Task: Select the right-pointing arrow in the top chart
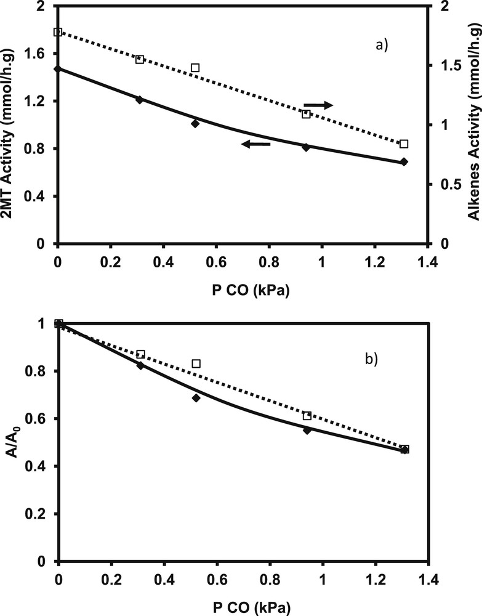tap(319, 105)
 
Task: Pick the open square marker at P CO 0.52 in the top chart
tap(195, 68)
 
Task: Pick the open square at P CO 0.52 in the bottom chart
tap(196, 363)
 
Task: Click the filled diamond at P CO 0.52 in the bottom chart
tap(196, 398)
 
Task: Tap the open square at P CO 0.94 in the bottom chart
tap(307, 416)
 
